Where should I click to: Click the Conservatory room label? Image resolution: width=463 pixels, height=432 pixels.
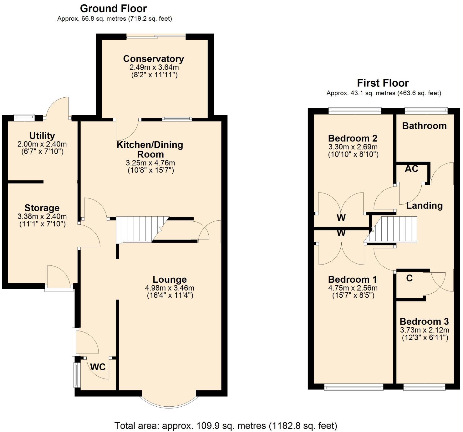(x=153, y=59)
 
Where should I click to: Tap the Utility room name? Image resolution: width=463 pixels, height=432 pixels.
(x=42, y=136)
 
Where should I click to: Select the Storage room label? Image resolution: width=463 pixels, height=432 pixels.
(x=42, y=208)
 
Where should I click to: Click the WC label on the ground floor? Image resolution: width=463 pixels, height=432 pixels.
(x=98, y=367)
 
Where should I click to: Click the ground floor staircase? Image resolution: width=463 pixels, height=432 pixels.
(x=138, y=229)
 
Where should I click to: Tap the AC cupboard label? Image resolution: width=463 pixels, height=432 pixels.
(x=411, y=169)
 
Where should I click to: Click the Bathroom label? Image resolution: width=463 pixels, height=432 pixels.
(x=424, y=126)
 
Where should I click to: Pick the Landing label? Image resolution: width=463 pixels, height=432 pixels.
(x=424, y=206)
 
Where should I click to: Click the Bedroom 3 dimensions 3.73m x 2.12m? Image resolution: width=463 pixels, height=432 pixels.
(x=425, y=330)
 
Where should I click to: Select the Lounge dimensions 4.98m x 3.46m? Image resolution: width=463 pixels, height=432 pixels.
(x=170, y=288)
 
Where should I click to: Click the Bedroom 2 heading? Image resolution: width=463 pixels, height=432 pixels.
(x=353, y=138)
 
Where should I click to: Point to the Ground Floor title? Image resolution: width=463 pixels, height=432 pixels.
(x=113, y=8)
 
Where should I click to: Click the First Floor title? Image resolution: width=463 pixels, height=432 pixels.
(x=383, y=83)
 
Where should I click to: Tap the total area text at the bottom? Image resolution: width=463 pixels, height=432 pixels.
(x=226, y=426)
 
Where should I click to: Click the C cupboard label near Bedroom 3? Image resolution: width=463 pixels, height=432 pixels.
(x=409, y=278)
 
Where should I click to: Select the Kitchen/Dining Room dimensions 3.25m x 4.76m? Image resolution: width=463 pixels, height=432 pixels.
(x=150, y=163)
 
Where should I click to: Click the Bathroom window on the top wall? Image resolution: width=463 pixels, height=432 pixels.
(x=426, y=110)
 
